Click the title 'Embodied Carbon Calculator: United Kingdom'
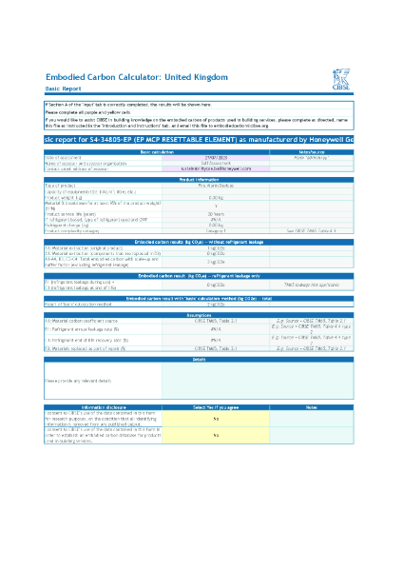tap(137, 75)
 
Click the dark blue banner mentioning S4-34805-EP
tap(200, 139)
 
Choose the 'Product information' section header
tap(200, 178)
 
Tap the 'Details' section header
tap(200, 359)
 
